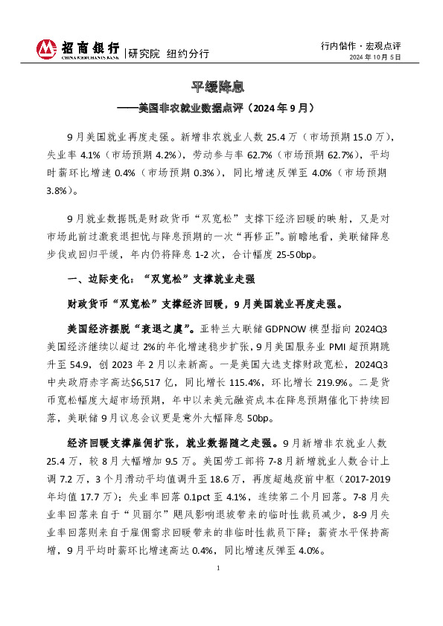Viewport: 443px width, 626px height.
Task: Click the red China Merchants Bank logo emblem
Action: click(x=46, y=48)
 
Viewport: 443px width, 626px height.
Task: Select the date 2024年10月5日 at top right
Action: click(x=375, y=57)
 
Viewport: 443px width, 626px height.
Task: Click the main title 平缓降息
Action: click(x=221, y=86)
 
